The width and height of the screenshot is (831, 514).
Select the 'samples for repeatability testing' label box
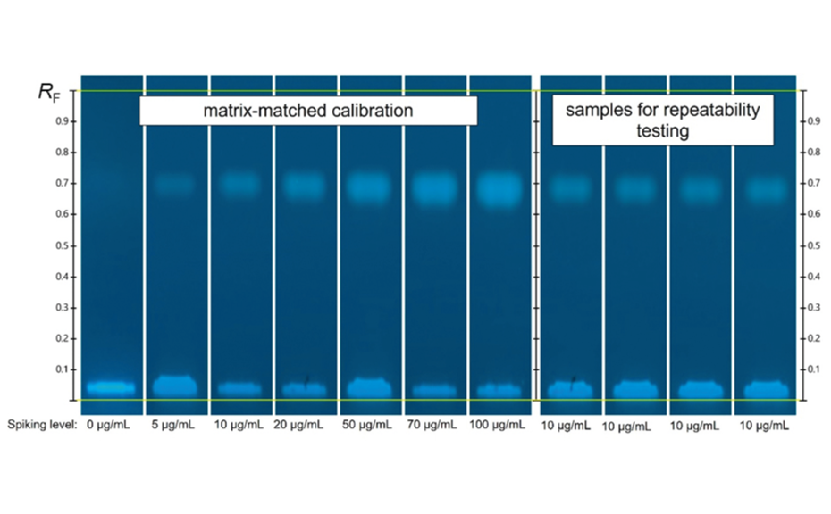pyautogui.click(x=662, y=120)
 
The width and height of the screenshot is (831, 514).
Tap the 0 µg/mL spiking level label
pyautogui.click(x=108, y=426)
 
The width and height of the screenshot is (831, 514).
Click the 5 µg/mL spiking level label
pyautogui.click(x=174, y=426)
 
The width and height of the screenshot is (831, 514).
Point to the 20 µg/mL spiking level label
pyautogui.click(x=298, y=426)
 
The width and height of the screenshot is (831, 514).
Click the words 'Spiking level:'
pyautogui.click(x=43, y=426)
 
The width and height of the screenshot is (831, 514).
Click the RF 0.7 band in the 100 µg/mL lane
pyautogui.click(x=498, y=188)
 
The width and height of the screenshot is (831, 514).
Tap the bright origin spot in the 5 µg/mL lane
pyautogui.click(x=175, y=386)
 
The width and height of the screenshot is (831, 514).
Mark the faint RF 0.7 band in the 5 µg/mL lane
pyautogui.click(x=175, y=185)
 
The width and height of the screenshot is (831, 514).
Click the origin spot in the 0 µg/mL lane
pyautogui.click(x=111, y=388)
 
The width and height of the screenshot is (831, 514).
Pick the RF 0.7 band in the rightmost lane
pyautogui.click(x=764, y=188)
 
